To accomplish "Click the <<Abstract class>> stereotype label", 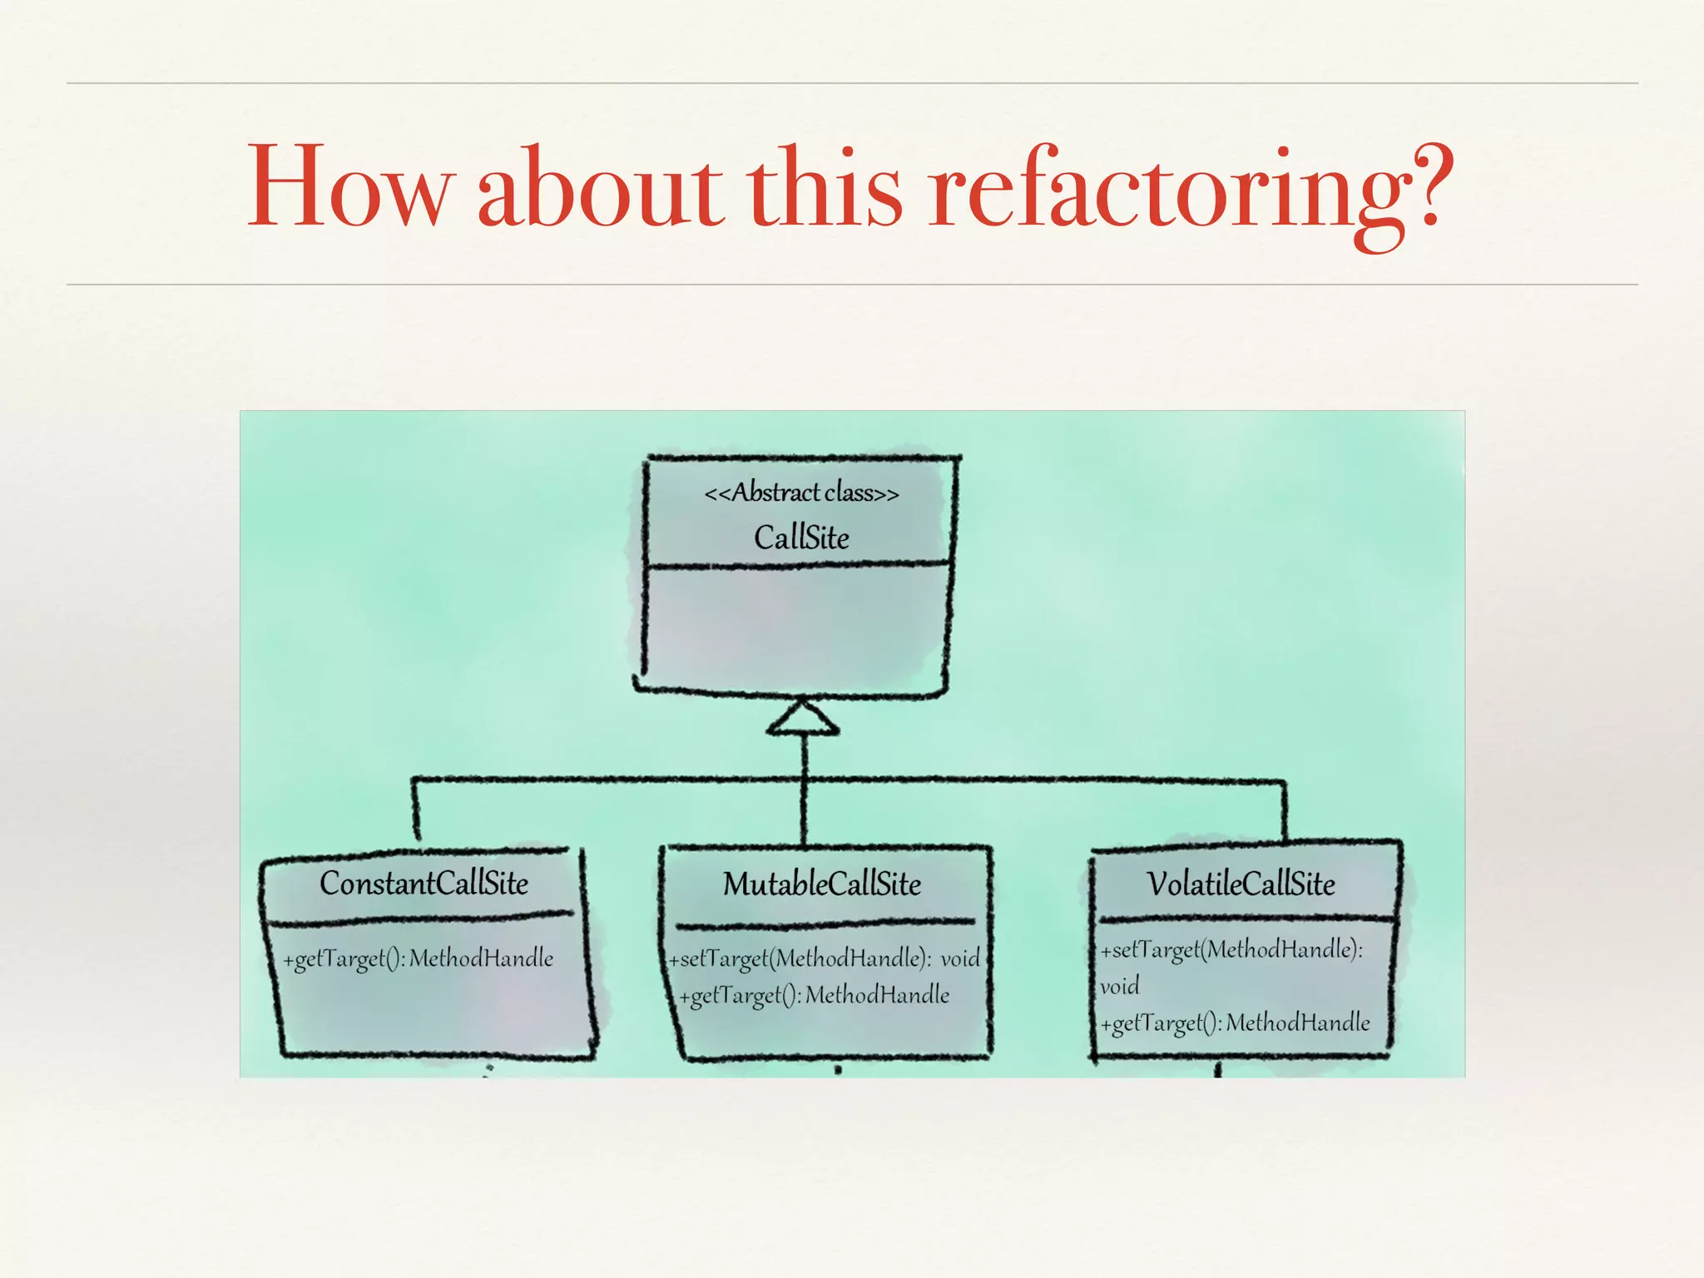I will [801, 493].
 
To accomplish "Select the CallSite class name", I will [801, 537].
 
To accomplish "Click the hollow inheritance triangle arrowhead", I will [803, 719].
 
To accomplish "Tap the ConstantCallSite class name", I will [424, 884].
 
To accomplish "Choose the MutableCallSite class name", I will [822, 884].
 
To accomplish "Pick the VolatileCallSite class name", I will [1241, 884].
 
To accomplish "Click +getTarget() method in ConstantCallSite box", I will [418, 958].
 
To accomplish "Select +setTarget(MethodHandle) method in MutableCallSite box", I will [800, 958].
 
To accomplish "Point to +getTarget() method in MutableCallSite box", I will [814, 995].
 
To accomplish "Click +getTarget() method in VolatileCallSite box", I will [1235, 1023].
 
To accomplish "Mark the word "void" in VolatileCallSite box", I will [1119, 987].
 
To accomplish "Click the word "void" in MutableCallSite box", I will [960, 958].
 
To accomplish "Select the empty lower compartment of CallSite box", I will [797, 628].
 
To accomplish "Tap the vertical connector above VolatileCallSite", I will [1284, 811].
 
